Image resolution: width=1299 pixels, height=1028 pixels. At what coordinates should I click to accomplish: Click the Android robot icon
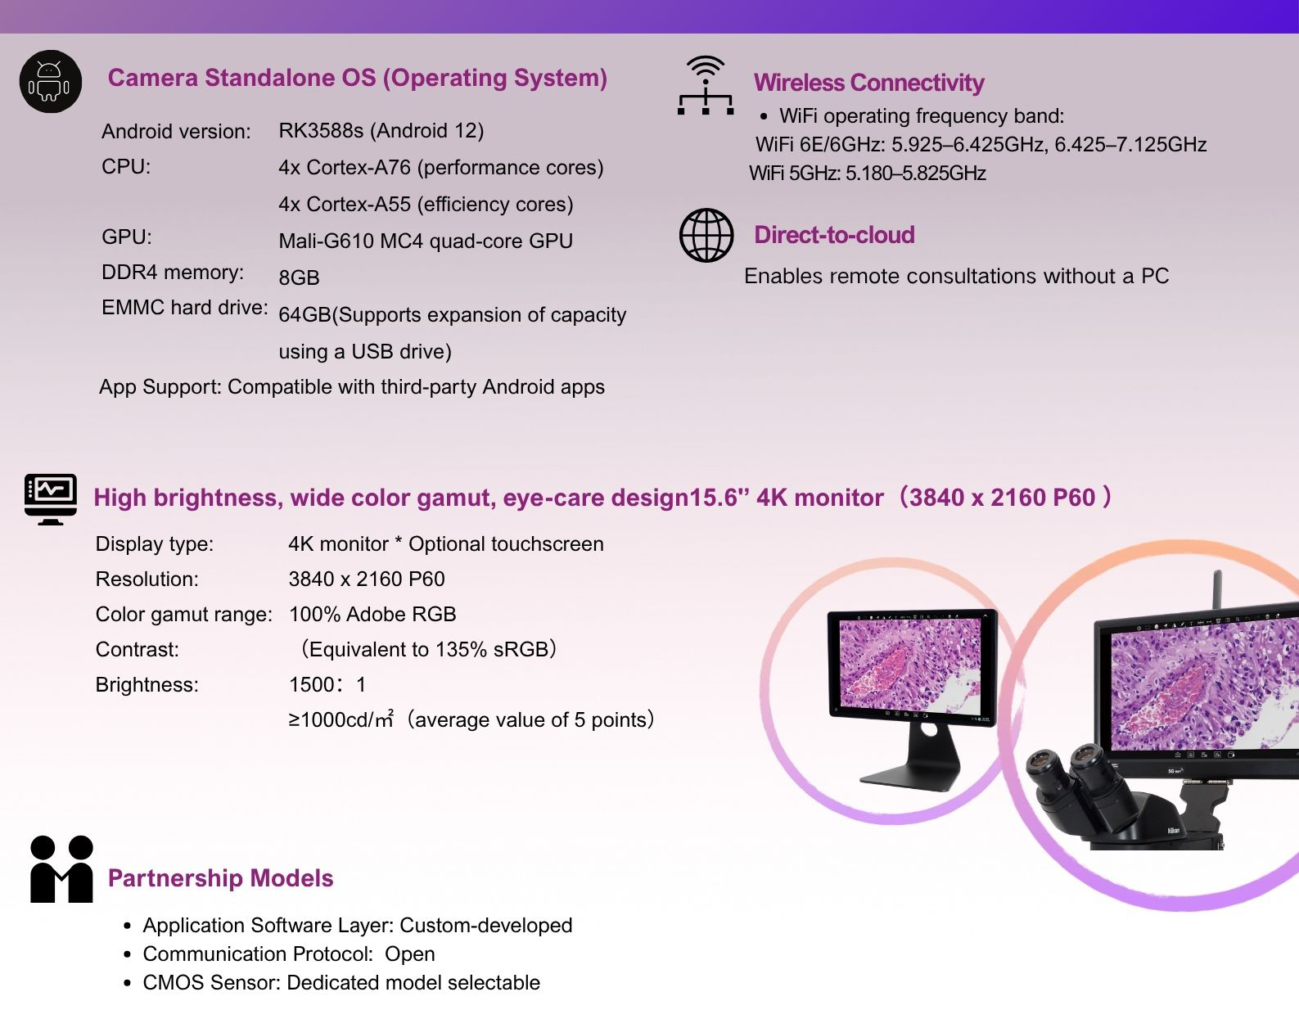click(50, 82)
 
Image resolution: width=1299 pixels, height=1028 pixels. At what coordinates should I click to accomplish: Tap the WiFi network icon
click(705, 85)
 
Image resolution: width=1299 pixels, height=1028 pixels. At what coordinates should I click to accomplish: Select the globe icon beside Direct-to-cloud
click(706, 236)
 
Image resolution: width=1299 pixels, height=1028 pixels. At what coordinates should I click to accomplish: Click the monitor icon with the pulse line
click(51, 499)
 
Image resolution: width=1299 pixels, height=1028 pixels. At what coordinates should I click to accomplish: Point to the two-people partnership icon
click(61, 868)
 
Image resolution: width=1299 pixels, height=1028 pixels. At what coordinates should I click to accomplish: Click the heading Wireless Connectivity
click(868, 83)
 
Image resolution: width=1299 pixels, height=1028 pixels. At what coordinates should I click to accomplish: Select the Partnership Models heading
click(220, 878)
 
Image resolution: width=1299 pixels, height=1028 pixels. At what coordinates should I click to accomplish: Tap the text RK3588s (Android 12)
click(381, 130)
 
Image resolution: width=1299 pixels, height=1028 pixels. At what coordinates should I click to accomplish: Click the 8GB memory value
click(299, 277)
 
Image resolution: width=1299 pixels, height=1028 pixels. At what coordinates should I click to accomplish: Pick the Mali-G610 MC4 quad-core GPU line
click(426, 241)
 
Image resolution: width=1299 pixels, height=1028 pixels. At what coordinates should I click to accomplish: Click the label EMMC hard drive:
click(185, 307)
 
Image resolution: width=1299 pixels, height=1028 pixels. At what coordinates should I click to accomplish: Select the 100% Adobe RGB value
click(372, 614)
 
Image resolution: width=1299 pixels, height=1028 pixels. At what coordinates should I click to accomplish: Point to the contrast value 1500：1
click(327, 684)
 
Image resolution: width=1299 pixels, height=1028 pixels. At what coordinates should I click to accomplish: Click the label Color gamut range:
click(184, 615)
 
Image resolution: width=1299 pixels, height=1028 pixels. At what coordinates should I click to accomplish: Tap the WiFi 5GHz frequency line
click(868, 174)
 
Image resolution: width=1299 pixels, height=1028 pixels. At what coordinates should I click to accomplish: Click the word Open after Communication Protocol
click(410, 954)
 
